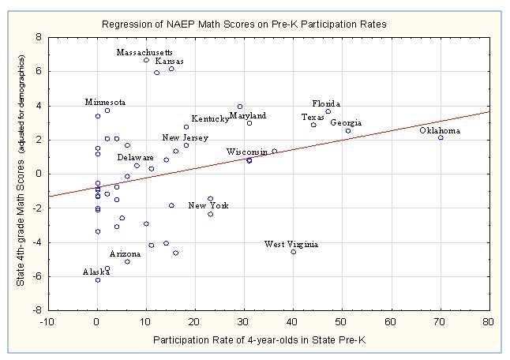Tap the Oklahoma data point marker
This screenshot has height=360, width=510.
441,138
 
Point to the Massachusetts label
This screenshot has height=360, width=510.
144,52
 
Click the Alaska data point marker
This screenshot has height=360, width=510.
98,280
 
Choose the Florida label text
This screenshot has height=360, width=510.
326,103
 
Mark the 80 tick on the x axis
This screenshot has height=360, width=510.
489,321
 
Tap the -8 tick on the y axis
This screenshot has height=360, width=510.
36,310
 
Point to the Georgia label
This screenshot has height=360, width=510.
347,122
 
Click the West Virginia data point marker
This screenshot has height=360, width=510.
294,252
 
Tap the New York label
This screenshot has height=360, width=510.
208,206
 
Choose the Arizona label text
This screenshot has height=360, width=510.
125,254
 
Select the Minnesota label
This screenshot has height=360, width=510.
105,102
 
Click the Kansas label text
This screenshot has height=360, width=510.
170,61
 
